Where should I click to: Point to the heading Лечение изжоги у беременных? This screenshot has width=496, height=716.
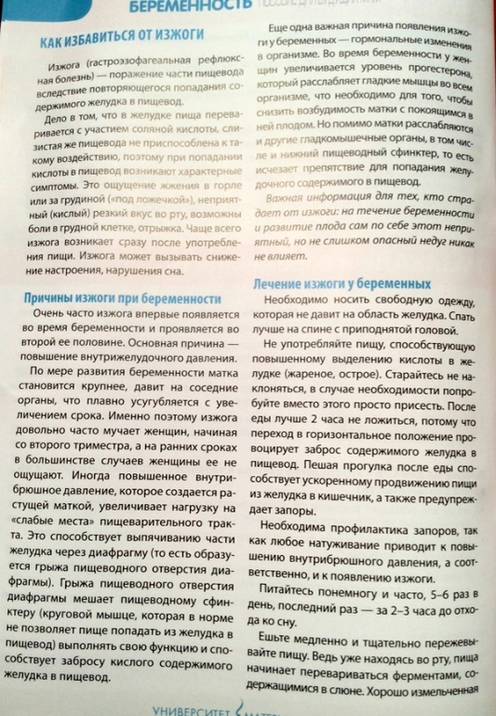343,283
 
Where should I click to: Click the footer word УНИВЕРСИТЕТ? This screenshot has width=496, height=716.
190,709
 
